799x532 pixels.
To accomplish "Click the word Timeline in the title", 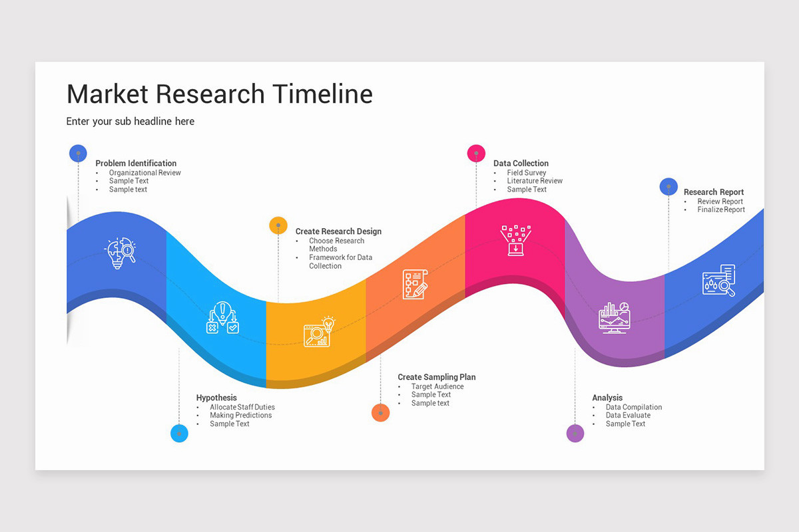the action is coord(323,94).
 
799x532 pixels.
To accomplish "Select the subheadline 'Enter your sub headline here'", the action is coord(131,122).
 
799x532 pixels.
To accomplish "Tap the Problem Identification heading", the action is coord(136,163).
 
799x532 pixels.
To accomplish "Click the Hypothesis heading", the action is coord(216,397).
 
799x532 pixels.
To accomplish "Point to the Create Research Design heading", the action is coord(338,231).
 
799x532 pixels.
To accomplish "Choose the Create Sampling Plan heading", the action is coord(437,377).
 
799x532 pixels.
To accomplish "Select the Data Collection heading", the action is coord(521,163).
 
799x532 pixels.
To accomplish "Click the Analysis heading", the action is coord(607,397).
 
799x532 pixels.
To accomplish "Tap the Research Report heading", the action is coord(714,192).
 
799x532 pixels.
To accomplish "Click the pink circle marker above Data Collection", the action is coord(476,154).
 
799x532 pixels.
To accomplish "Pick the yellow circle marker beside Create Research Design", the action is coord(278,225).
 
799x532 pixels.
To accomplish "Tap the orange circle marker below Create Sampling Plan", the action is coord(381,412).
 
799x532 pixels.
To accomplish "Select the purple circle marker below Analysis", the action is coord(575,434).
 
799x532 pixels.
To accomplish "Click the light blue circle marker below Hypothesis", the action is coord(179,434).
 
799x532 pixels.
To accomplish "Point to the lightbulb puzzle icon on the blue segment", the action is coord(120,253).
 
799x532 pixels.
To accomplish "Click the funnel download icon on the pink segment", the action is coord(516,240).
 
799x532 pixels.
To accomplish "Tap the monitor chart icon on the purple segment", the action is coord(614,318).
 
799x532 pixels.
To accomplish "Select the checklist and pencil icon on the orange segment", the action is coord(415,285).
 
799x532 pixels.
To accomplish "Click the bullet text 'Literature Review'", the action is coord(535,181).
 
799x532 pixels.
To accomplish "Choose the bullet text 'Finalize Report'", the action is coord(721,209).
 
